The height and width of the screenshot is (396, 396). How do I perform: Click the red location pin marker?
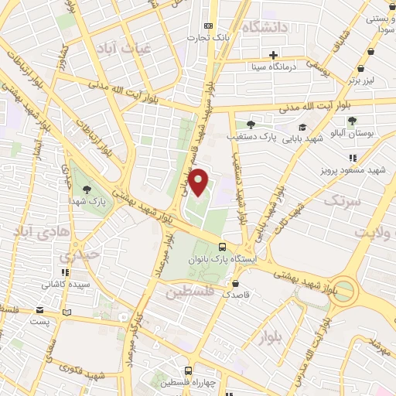point(200,183)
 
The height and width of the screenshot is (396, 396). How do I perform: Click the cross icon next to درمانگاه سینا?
point(273,54)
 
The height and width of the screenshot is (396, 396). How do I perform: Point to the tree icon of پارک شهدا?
point(87,189)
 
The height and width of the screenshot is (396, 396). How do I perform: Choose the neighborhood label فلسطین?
point(189,293)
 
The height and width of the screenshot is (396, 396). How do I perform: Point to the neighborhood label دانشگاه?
point(264,28)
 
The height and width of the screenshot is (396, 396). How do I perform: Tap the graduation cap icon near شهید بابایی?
point(302,128)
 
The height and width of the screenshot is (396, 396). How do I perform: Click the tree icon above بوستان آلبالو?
point(352,121)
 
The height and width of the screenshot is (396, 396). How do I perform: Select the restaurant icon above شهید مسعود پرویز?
point(353,158)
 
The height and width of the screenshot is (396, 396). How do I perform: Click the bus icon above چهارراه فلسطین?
point(186,370)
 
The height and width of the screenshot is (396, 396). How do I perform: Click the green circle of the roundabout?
point(346,292)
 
